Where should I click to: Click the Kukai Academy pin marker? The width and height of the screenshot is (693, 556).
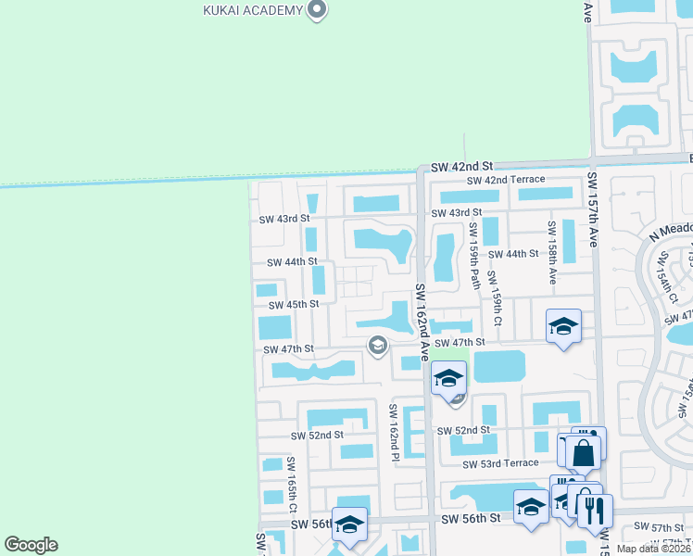[318, 10]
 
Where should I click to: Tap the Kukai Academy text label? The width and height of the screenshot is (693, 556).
[253, 10]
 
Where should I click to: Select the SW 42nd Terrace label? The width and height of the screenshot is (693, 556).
[507, 180]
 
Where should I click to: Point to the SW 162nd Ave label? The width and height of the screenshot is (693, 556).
[422, 322]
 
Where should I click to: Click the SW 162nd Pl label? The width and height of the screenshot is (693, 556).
[394, 428]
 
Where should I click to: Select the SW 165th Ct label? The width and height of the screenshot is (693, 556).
[292, 485]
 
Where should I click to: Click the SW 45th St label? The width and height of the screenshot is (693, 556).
[294, 304]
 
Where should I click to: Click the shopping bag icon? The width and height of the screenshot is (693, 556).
[585, 453]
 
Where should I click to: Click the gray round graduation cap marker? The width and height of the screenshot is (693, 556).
[377, 346]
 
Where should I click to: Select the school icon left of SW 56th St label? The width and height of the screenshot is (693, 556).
[349, 524]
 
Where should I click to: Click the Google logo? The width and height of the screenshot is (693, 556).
[31, 545]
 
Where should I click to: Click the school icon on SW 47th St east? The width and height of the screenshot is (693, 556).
[562, 326]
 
